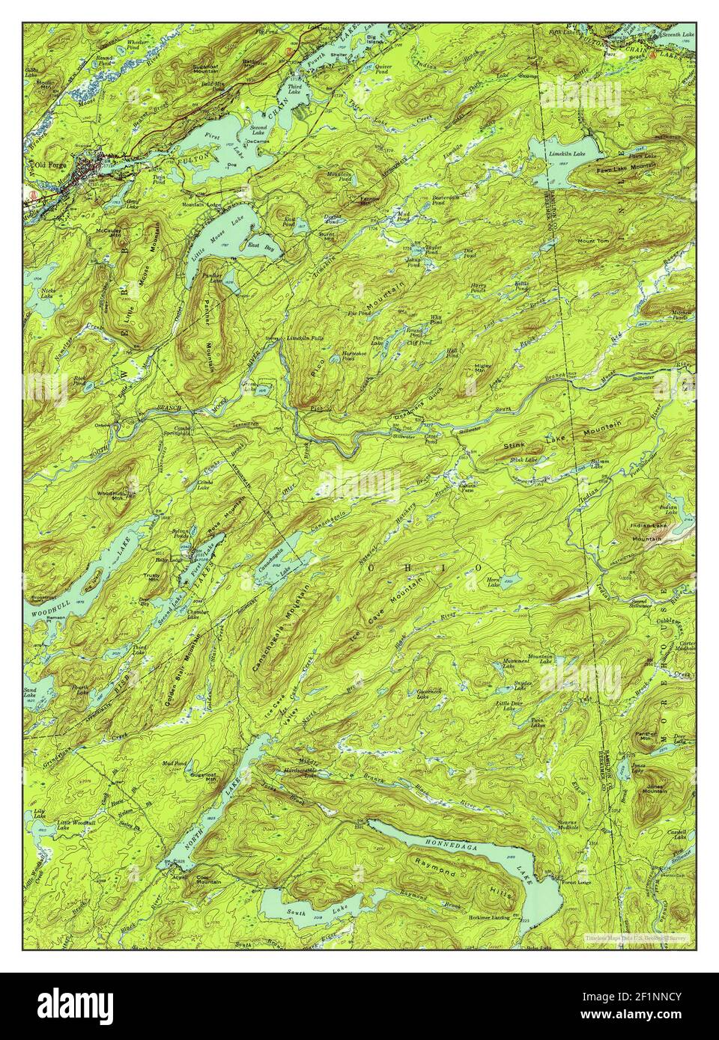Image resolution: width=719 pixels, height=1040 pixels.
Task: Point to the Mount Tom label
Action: (x=595, y=240)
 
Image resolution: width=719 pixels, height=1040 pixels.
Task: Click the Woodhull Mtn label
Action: (x=109, y=496)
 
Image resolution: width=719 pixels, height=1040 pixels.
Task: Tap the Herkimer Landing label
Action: (x=490, y=917)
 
